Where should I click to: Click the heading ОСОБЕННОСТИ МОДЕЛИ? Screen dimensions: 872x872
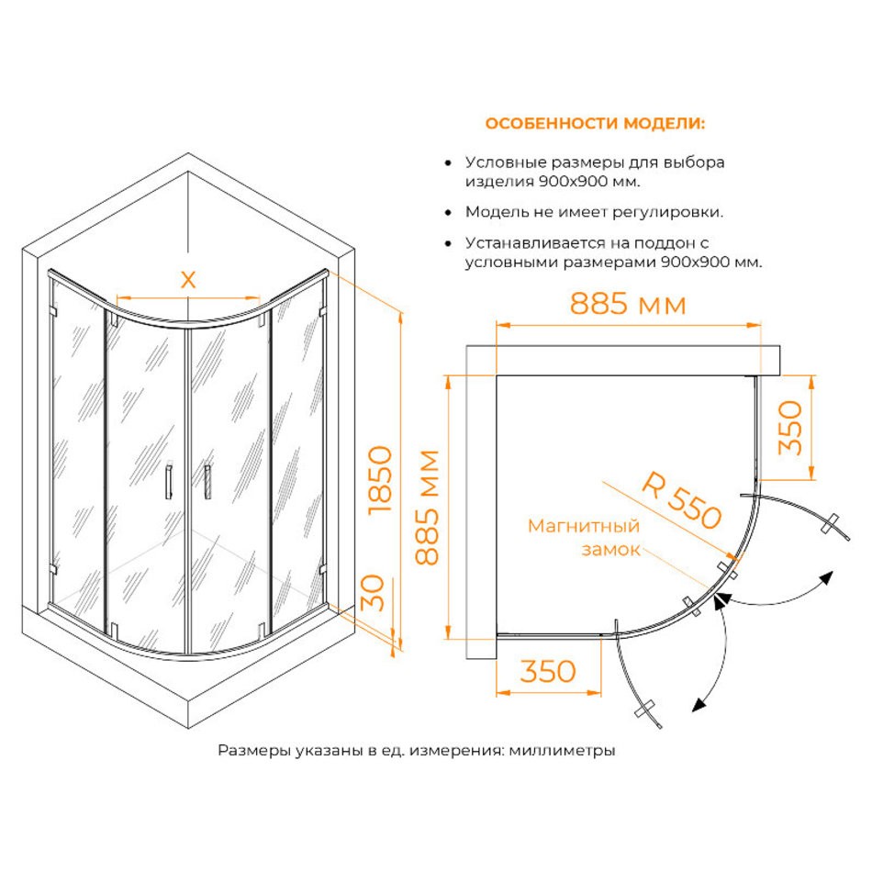(x=595, y=123)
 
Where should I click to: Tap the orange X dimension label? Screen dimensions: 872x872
(x=188, y=280)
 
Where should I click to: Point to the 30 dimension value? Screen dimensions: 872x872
(x=374, y=593)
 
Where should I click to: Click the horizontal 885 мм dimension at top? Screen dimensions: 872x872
(x=628, y=304)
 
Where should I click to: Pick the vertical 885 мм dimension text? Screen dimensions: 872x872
(x=428, y=508)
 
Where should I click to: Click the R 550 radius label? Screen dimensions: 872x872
(x=682, y=500)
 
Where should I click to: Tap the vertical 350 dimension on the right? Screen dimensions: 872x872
(x=790, y=427)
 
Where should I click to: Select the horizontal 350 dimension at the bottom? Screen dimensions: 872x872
(x=548, y=671)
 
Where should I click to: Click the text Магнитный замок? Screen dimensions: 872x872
(x=584, y=537)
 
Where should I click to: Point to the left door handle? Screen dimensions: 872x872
(x=169, y=481)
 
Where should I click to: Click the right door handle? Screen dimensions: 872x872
(x=208, y=482)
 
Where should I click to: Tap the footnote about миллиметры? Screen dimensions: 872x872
(x=417, y=750)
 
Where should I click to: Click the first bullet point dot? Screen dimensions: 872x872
(x=448, y=163)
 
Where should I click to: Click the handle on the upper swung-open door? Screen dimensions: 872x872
(x=832, y=523)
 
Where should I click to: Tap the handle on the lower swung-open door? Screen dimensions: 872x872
(x=646, y=710)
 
